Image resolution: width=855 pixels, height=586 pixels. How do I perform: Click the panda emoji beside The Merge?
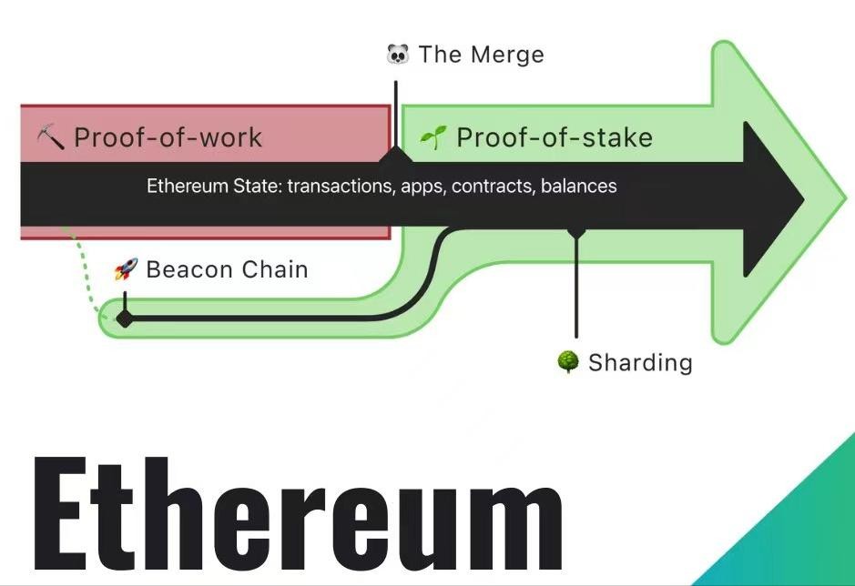click(x=398, y=55)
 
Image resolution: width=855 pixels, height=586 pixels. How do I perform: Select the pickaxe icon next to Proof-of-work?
click(x=51, y=137)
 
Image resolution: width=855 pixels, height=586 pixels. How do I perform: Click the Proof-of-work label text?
click(x=168, y=137)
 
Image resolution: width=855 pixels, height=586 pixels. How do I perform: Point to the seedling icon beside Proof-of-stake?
click(x=433, y=137)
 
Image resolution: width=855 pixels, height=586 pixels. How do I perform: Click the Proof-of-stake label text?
click(x=554, y=137)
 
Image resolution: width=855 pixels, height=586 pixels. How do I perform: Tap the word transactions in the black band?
click(x=351, y=187)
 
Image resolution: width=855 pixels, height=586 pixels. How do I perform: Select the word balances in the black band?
click(x=578, y=187)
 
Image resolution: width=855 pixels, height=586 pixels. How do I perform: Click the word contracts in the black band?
click(x=493, y=187)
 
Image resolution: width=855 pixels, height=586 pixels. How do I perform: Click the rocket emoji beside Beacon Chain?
click(x=125, y=269)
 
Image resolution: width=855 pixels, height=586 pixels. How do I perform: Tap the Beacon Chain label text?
click(x=227, y=269)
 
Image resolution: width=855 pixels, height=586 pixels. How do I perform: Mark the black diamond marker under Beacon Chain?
click(x=124, y=318)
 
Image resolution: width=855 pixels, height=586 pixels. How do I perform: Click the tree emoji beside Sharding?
click(x=568, y=362)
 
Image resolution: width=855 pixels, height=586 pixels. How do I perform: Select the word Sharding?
click(x=640, y=362)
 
